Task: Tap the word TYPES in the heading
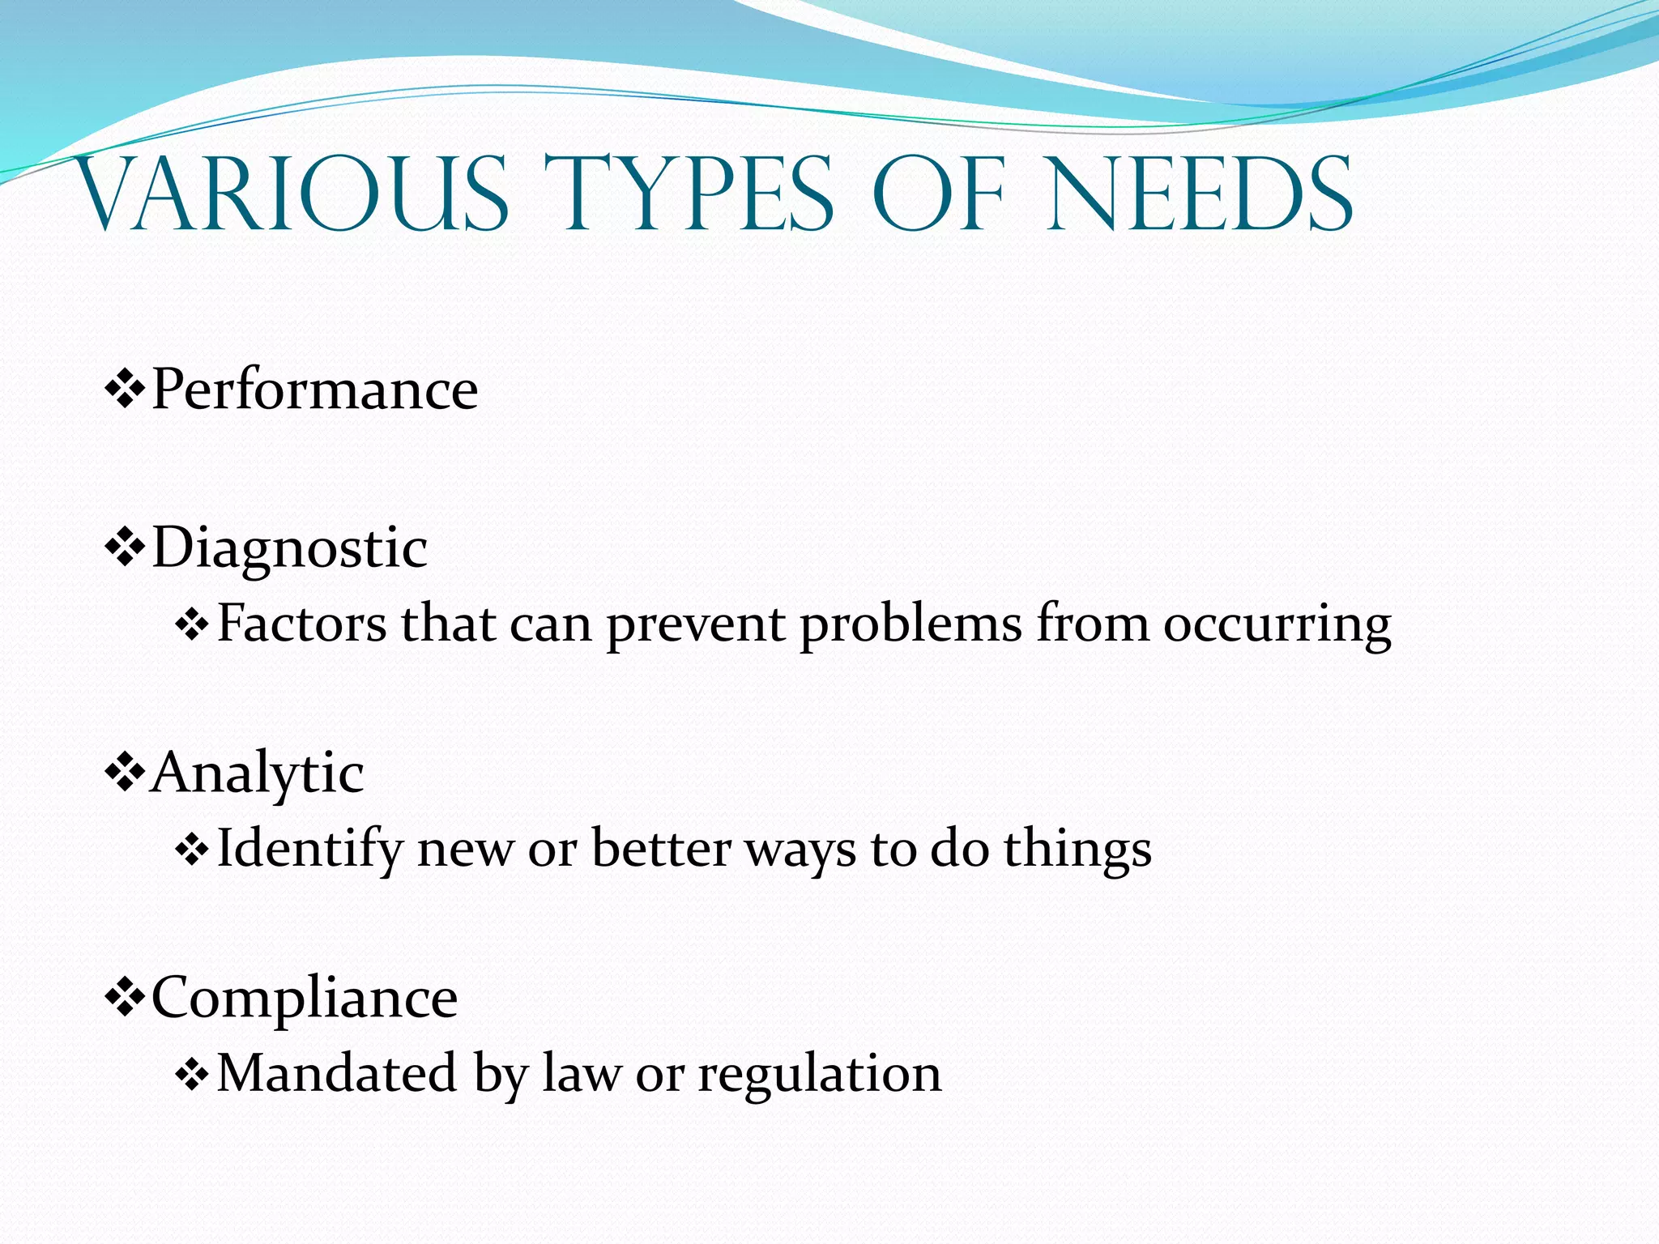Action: (x=689, y=194)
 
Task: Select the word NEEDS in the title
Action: (x=1199, y=194)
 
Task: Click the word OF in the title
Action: (x=939, y=194)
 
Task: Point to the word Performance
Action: (x=314, y=390)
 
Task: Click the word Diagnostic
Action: (x=289, y=549)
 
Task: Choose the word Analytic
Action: (x=257, y=773)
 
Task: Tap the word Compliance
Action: (x=305, y=998)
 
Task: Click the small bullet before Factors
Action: (x=192, y=626)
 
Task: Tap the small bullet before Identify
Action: (x=192, y=851)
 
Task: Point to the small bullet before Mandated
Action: (x=192, y=1076)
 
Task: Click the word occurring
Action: (x=1277, y=626)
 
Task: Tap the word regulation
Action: (x=820, y=1076)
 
